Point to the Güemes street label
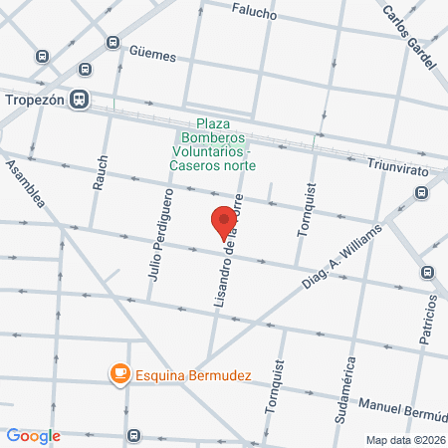coord(151,56)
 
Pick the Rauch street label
coord(101,171)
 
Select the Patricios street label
coord(428,320)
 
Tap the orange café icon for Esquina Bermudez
coord(119,373)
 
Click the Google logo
coord(34,436)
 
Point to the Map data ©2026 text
coord(404,440)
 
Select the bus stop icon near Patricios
coord(428,272)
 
